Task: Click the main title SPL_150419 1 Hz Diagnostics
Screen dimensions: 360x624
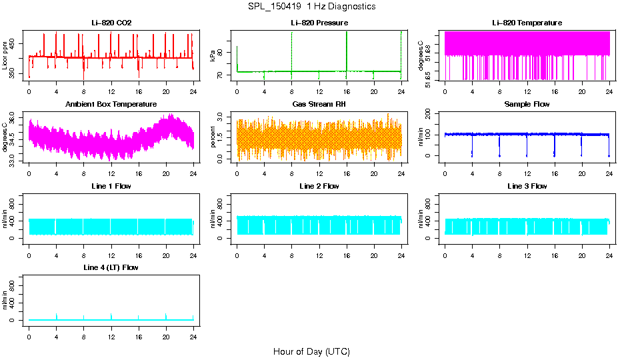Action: pyautogui.click(x=311, y=7)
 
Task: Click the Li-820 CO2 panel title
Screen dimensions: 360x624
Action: pyautogui.click(x=111, y=23)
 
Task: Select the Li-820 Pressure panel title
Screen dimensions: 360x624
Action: pyautogui.click(x=319, y=23)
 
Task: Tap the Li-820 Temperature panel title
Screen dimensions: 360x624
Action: pyautogui.click(x=527, y=23)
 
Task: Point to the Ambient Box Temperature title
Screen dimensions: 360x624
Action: pyautogui.click(x=111, y=104)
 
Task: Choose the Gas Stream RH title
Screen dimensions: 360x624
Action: pyautogui.click(x=319, y=104)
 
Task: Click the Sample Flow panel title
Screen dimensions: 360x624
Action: pyautogui.click(x=527, y=104)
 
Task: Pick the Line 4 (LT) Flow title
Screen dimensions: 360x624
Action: pyautogui.click(x=111, y=267)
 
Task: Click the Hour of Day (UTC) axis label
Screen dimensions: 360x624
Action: pyautogui.click(x=311, y=351)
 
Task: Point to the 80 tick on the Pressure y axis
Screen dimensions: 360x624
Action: pyautogui.click(x=224, y=53)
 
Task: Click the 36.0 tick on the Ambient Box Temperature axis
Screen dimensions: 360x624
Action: pyautogui.click(x=16, y=118)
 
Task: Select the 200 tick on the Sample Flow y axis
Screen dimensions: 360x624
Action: pyautogui.click(x=432, y=113)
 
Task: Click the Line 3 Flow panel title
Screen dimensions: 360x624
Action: pyautogui.click(x=527, y=186)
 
